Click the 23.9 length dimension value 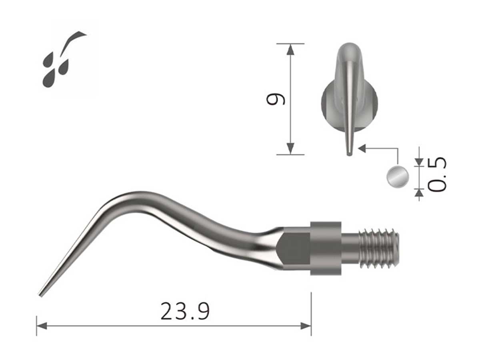(x=185, y=311)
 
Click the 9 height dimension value (x=276, y=99)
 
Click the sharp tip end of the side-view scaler (x=40, y=295)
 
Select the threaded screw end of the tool (x=378, y=248)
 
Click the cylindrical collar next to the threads (x=326, y=248)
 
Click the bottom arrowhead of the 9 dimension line (x=291, y=149)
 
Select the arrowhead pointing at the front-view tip (x=362, y=148)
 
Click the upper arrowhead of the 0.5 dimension (x=419, y=162)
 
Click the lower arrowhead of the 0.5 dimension (x=419, y=193)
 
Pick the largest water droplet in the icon (x=49, y=79)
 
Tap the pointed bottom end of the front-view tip (x=349, y=154)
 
